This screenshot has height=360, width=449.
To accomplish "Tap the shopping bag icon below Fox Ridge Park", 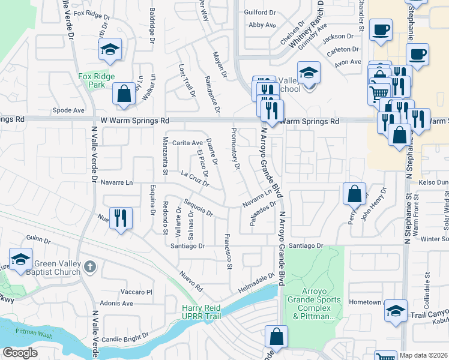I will pos(124,94).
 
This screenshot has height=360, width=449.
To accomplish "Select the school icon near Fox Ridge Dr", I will pos(110,50).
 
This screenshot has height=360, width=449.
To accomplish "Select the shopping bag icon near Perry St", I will pos(355,194).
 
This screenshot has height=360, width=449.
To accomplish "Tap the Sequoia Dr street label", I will pos(199,207).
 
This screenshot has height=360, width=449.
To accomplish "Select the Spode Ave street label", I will pos(68,110).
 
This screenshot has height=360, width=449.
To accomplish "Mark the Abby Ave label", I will pos(262,25).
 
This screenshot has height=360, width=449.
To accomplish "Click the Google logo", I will pos(20,353).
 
